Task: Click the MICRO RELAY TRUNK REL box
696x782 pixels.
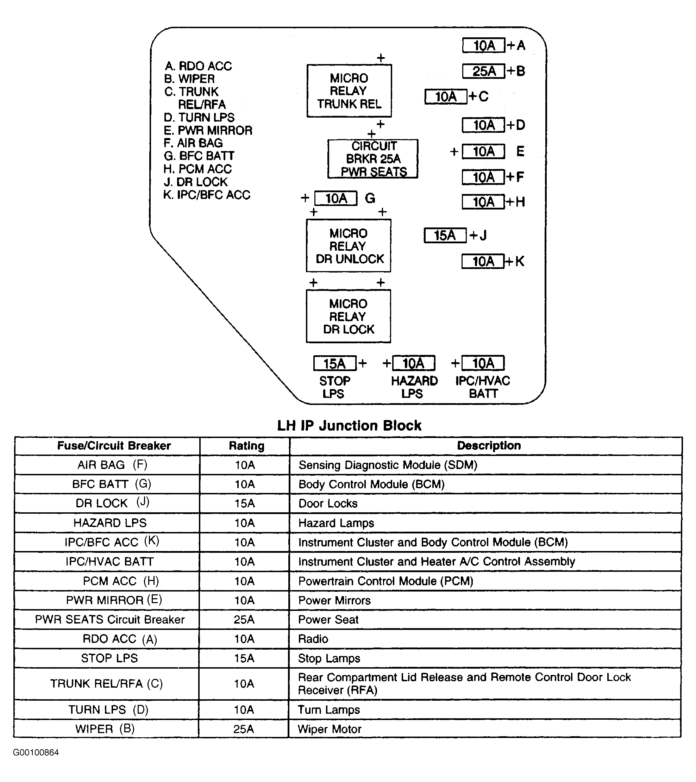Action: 349,91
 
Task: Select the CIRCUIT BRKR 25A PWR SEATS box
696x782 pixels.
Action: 373,159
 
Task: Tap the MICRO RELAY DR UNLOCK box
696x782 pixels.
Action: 349,246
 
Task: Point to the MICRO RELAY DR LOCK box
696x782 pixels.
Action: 349,317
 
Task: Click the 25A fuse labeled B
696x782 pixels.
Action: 484,71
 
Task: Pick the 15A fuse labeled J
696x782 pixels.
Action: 445,235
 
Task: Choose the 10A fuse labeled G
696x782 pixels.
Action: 336,198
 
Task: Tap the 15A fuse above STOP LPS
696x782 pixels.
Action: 335,363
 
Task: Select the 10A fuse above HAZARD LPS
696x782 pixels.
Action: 414,363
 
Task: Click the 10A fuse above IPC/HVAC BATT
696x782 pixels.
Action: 483,363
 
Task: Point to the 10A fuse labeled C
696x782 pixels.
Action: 446,96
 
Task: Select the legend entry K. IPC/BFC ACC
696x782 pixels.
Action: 207,195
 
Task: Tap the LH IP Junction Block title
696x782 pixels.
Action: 349,425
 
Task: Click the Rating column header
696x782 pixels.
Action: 246,446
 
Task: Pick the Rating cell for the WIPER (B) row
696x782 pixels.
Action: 244,729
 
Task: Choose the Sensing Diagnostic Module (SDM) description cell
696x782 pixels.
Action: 388,465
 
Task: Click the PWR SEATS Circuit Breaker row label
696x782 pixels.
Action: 110,619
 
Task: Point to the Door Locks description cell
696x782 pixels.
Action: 328,503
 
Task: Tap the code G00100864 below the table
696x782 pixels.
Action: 36,752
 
